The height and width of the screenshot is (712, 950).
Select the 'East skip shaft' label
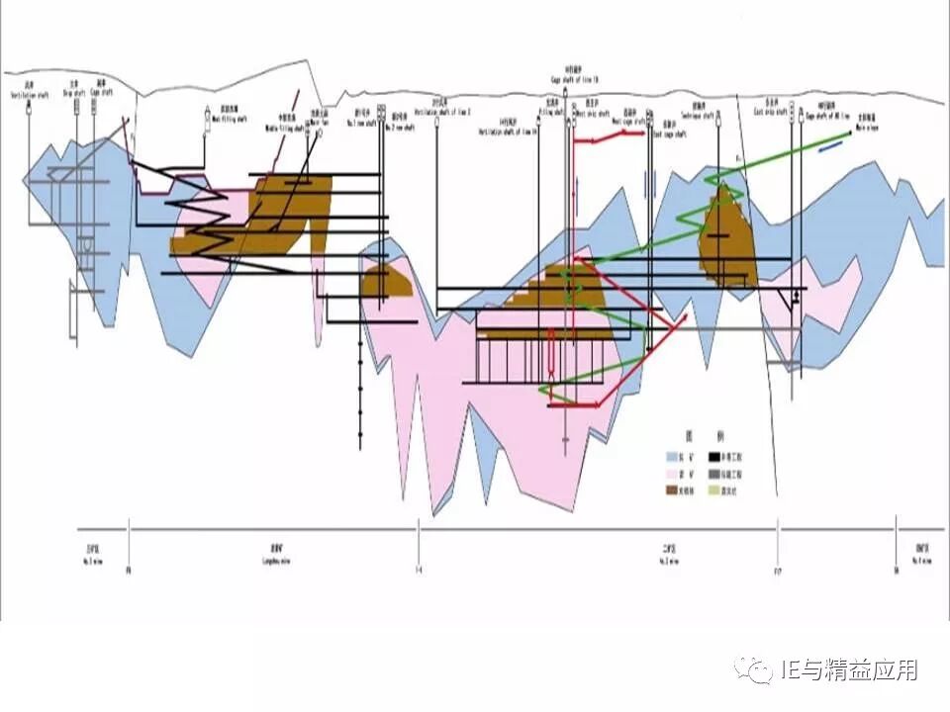tap(775, 111)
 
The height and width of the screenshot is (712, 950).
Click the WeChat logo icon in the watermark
tap(759, 671)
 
